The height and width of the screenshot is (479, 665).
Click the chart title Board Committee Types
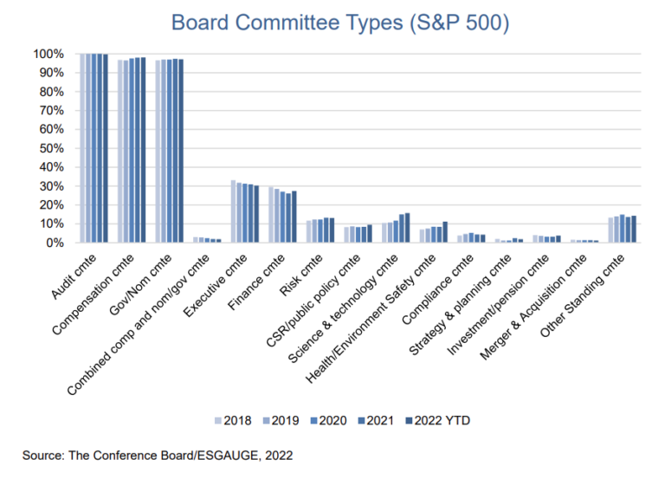point(339,22)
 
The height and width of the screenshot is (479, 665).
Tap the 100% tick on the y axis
point(48,55)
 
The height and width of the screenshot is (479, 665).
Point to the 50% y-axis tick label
point(50,148)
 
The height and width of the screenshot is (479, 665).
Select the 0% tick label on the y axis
point(54,243)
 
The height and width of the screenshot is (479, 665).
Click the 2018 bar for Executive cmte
point(234,211)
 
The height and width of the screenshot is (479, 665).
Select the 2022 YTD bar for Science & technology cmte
point(407,228)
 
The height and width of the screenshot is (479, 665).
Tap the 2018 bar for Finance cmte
point(271,215)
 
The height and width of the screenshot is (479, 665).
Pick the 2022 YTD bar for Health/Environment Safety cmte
point(444,232)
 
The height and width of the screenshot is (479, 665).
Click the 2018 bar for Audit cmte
point(83,148)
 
